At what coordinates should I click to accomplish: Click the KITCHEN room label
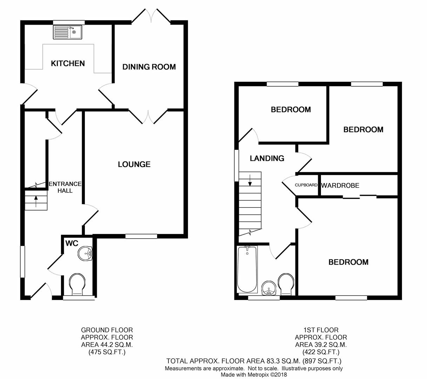click(68, 63)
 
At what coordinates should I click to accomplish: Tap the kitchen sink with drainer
click(67, 32)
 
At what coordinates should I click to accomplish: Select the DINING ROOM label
click(149, 67)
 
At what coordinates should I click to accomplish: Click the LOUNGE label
click(134, 164)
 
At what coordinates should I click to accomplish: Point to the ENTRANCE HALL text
click(65, 187)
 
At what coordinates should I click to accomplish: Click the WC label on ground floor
click(72, 243)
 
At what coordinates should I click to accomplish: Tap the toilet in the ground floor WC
click(77, 284)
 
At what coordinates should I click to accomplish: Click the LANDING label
click(267, 158)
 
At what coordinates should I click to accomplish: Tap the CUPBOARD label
click(306, 185)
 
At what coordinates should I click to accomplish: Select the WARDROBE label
click(340, 185)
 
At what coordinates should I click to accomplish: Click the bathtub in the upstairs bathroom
click(247, 270)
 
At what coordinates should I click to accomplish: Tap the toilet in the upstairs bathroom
click(286, 284)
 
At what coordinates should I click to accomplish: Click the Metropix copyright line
click(254, 375)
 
